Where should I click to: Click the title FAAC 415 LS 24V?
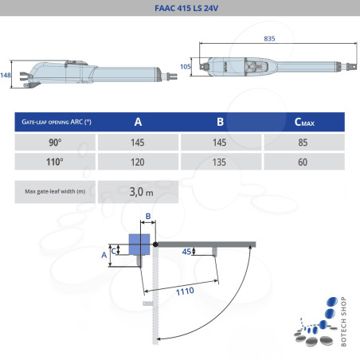[x=179, y=10]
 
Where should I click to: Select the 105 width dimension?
[x=186, y=67]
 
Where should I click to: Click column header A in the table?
[x=138, y=122]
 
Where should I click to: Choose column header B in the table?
[x=220, y=122]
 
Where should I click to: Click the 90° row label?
[x=56, y=142]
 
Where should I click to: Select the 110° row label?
[x=56, y=162]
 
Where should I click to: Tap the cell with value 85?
[x=302, y=142]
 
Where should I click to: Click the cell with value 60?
[x=302, y=162]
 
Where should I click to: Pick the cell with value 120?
[x=138, y=162]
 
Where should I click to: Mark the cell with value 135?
[x=220, y=162]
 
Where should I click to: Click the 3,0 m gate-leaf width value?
[x=141, y=191]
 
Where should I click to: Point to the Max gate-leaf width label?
[x=56, y=191]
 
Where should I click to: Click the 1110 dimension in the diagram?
[x=186, y=292]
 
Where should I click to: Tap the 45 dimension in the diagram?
[x=186, y=252]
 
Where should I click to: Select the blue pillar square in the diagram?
[x=140, y=244]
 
